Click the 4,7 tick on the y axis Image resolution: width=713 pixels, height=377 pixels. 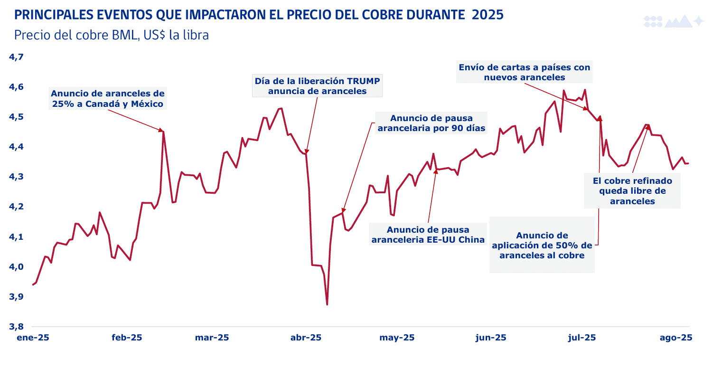[x=17, y=57]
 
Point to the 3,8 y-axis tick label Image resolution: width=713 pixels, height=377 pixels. [x=17, y=327]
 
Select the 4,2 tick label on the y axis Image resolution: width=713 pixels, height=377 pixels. [x=17, y=207]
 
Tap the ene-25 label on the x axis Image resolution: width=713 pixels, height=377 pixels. [x=33, y=338]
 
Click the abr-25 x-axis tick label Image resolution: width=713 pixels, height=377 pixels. [x=305, y=338]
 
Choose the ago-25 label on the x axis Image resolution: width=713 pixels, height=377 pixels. [x=676, y=338]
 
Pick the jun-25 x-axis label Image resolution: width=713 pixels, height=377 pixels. [x=490, y=338]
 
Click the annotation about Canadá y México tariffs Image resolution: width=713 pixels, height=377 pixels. [x=108, y=99]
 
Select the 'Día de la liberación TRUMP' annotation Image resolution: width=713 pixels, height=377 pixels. [x=317, y=85]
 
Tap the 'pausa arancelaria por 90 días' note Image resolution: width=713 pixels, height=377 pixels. [x=431, y=123]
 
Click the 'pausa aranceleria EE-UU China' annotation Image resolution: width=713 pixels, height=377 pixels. [x=428, y=235]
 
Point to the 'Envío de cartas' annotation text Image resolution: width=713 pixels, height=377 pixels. [x=524, y=72]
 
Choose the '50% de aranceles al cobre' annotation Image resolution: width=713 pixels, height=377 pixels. [x=542, y=245]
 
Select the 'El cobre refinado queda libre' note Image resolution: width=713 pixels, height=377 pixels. [x=632, y=191]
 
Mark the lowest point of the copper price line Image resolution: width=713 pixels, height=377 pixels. [x=327, y=304]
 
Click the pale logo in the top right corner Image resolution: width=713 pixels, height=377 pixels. [x=673, y=21]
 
